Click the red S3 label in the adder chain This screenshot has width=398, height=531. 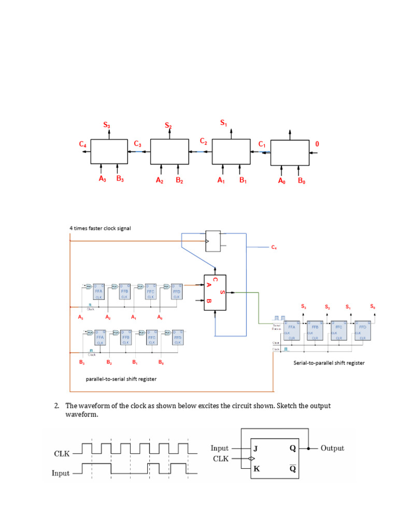point(107,124)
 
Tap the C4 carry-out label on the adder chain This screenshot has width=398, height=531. point(83,145)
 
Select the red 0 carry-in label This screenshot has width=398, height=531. point(317,144)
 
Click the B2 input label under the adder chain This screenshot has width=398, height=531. point(179,180)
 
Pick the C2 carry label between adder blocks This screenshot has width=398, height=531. point(204,141)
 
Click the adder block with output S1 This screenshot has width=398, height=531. point(231,151)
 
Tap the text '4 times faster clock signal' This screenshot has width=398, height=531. point(101,228)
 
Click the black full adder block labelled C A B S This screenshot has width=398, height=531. point(215,292)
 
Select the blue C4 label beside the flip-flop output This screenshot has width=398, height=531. point(274,248)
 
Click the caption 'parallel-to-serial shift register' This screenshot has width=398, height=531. point(121,379)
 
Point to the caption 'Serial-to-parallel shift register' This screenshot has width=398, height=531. point(329,363)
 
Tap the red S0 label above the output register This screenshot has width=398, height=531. point(373,307)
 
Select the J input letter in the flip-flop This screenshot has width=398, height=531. point(254,449)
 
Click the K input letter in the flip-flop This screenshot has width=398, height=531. point(254,469)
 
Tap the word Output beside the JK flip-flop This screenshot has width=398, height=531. point(333,449)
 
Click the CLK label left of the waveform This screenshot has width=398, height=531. point(62,454)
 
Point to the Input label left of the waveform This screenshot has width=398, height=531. point(61,473)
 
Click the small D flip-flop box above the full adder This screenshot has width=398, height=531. point(213,241)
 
